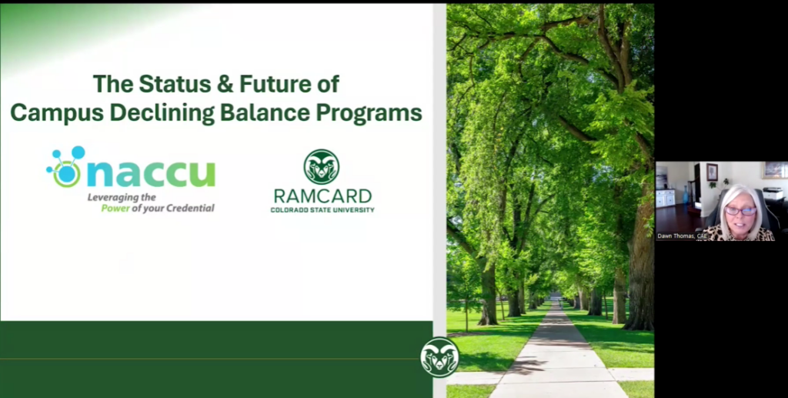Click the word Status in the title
175,84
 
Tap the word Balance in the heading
265,112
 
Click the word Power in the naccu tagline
115,208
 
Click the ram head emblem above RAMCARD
322,167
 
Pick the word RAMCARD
322,196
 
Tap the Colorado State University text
322,209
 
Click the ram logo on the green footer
439,357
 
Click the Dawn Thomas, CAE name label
682,236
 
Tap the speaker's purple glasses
740,211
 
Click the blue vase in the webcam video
686,196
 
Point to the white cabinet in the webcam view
666,198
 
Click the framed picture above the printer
774,170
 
